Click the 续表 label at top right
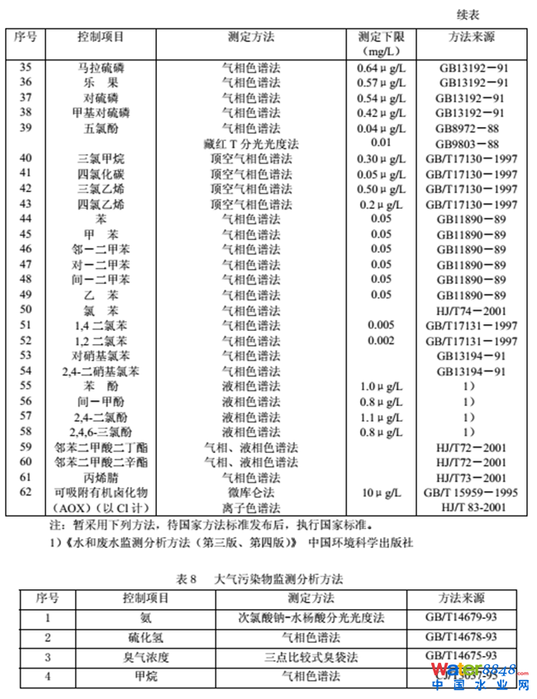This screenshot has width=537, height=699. pos(468,14)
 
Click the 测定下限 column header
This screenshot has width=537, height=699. pos(381,38)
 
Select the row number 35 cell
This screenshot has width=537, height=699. pos(26,68)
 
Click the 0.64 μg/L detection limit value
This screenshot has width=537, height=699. pos(381,68)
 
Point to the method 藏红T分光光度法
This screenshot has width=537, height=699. pos(250,143)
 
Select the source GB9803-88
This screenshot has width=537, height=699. pos(467,143)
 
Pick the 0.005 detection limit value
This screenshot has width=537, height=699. pos(381,325)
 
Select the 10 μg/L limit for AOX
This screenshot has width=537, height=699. pos(381,493)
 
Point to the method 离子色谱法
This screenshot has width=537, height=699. pos(250,508)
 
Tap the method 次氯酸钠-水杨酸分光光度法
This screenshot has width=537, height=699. pos(300,617)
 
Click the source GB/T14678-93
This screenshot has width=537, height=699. pos(462,637)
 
